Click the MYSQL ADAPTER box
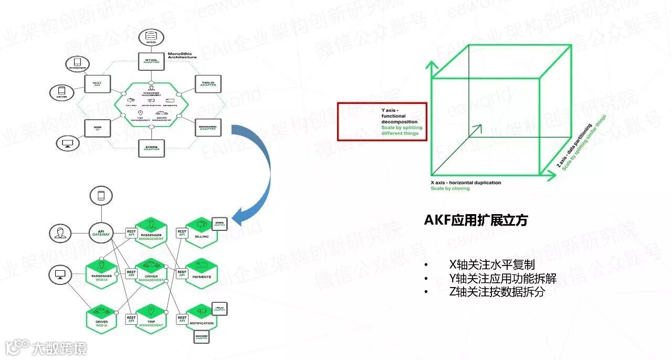coord(151,62)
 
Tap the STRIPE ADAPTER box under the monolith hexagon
coord(151,149)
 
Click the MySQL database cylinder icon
coord(151,37)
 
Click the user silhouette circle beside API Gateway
coord(60,234)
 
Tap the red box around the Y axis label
coord(382,121)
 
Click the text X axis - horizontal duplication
coord(466,183)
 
